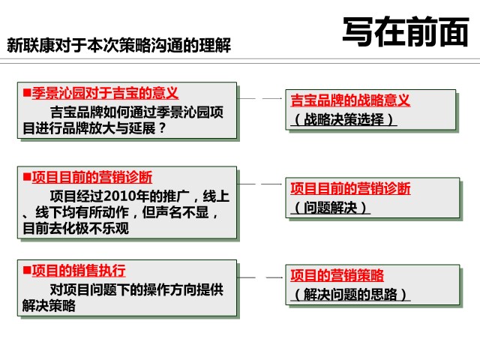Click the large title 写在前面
click(x=406, y=31)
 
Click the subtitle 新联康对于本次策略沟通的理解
click(x=118, y=45)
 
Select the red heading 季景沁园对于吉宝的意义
click(x=105, y=93)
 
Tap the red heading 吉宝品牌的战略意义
click(x=350, y=100)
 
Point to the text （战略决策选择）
click(x=343, y=119)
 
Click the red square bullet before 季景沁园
click(x=27, y=92)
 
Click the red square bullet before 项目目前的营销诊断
click(x=27, y=177)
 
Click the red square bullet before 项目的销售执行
click(x=27, y=270)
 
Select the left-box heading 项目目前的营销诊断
click(x=91, y=177)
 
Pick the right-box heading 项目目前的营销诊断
click(x=350, y=188)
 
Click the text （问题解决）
click(x=330, y=208)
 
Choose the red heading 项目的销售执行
click(x=79, y=270)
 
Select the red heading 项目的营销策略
click(x=337, y=275)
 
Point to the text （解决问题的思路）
click(x=350, y=295)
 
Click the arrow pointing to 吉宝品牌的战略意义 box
click(x=260, y=98)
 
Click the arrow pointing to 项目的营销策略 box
click(x=260, y=277)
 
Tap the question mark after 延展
click(x=162, y=128)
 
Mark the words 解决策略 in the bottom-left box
click(x=49, y=305)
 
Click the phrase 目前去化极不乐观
click(x=76, y=228)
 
